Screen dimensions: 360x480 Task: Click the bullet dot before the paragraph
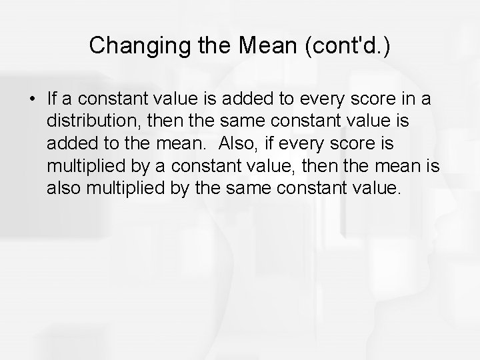[32, 100]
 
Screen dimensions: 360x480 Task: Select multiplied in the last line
[125, 187]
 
